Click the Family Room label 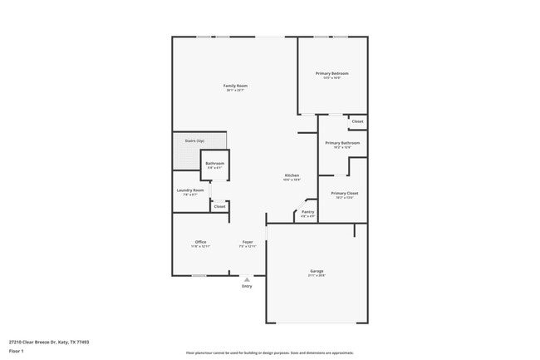click(x=235, y=86)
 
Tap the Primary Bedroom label click(x=331, y=73)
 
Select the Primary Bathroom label click(x=342, y=143)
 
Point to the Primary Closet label click(x=344, y=193)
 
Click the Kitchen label click(x=292, y=175)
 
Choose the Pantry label click(x=307, y=212)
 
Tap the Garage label click(x=317, y=271)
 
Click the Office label click(x=200, y=242)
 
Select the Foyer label click(x=248, y=242)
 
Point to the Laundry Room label click(x=190, y=190)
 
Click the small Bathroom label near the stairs click(x=215, y=164)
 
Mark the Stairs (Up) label click(x=194, y=141)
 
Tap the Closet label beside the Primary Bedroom click(x=357, y=121)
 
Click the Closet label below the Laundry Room click(x=219, y=206)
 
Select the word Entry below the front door click(x=247, y=287)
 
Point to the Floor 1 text click(x=17, y=353)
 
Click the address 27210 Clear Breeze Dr click(x=49, y=342)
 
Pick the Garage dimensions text click(x=317, y=275)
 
